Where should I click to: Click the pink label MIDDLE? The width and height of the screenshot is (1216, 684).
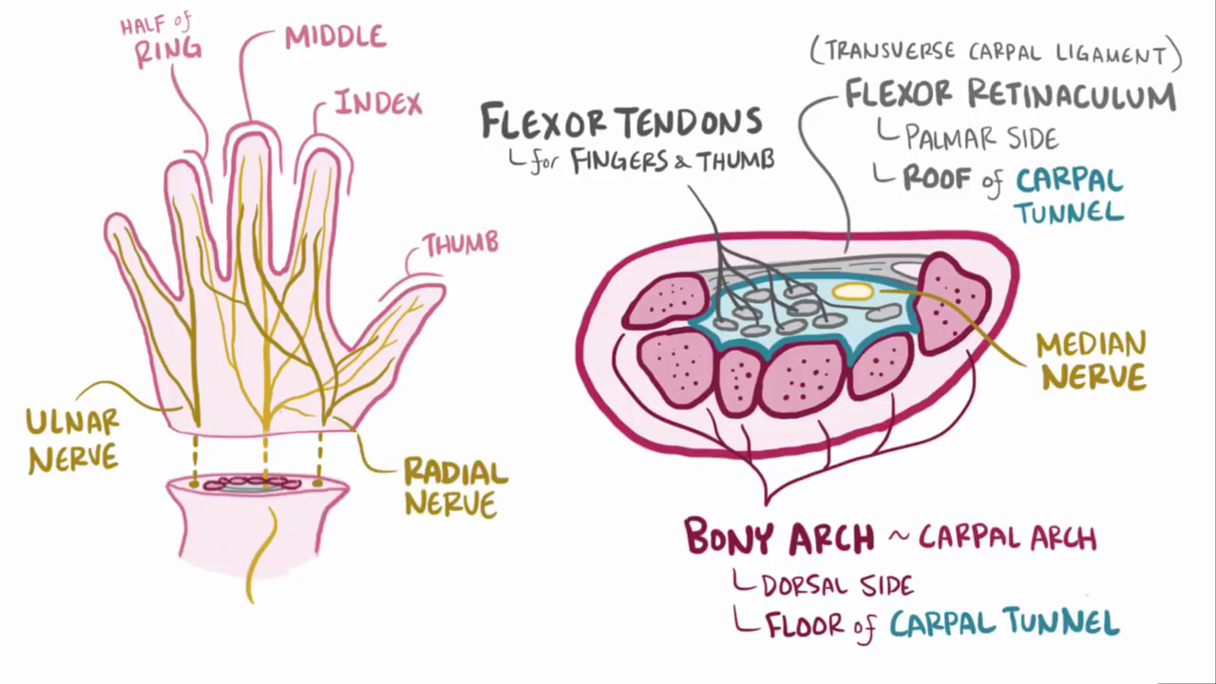pyautogui.click(x=335, y=37)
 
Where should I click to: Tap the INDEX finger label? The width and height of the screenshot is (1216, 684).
pyautogui.click(x=377, y=103)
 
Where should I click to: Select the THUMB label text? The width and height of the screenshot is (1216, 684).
pyautogui.click(x=461, y=244)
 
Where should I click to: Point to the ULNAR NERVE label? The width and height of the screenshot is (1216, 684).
pyautogui.click(x=73, y=440)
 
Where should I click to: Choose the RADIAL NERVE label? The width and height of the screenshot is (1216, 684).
pyautogui.click(x=456, y=486)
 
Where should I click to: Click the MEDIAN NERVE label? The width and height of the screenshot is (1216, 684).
pyautogui.click(x=1092, y=361)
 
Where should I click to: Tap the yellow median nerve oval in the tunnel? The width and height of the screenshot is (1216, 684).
pyautogui.click(x=851, y=291)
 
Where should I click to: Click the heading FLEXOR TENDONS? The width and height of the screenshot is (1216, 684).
pyautogui.click(x=621, y=123)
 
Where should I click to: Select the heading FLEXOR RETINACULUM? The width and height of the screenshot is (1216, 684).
pyautogui.click(x=1011, y=95)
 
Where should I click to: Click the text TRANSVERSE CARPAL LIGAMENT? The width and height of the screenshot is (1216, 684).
pyautogui.click(x=996, y=53)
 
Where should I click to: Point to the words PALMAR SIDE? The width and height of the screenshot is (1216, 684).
pyautogui.click(x=980, y=139)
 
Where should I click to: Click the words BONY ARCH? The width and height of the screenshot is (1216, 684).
pyautogui.click(x=779, y=538)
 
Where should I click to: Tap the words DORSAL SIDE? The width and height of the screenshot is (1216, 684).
pyautogui.click(x=837, y=585)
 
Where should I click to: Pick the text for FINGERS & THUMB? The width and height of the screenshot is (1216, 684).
pyautogui.click(x=654, y=161)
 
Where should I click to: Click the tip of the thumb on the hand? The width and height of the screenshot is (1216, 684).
pyautogui.click(x=432, y=290)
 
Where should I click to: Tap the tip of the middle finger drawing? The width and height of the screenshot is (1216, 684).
pyautogui.click(x=252, y=139)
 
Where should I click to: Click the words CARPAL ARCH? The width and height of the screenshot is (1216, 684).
pyautogui.click(x=1007, y=539)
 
